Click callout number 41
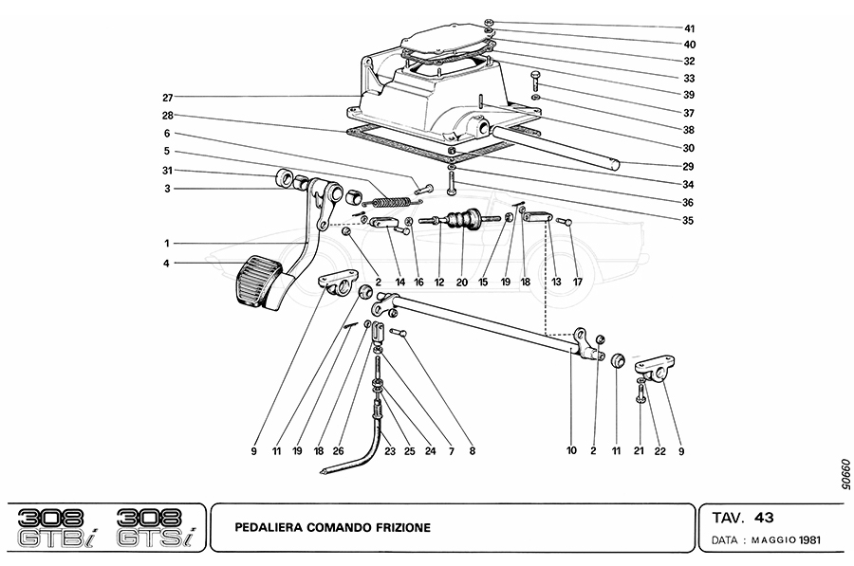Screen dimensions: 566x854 click(x=689, y=28)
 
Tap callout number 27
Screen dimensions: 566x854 click(x=167, y=97)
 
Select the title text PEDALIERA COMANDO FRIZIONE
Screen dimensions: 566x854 click(x=333, y=526)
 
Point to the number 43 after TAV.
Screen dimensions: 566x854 click(x=764, y=518)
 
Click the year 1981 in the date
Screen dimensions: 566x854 click(x=808, y=542)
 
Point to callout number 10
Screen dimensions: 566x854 click(x=571, y=452)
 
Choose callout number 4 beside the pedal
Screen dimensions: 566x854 click(x=167, y=263)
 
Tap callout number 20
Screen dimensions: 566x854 click(x=462, y=283)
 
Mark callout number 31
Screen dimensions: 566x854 click(x=167, y=171)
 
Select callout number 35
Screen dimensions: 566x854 click(x=689, y=221)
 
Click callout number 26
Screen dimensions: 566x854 click(x=338, y=452)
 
